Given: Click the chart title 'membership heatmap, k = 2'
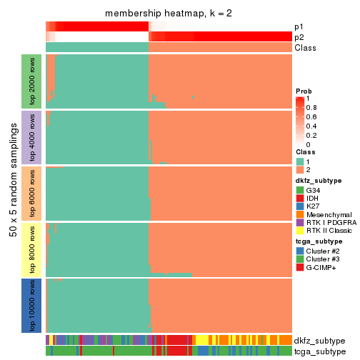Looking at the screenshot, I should (169, 14).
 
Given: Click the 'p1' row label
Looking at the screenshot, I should (299, 27).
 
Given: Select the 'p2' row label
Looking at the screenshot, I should (299, 37).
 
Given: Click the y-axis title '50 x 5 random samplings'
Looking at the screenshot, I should (12, 193).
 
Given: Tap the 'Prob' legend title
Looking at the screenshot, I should (304, 91).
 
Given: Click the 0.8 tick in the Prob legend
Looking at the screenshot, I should (314, 107).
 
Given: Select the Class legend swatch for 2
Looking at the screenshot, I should (300, 169).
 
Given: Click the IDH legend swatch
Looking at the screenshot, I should (300, 198).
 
